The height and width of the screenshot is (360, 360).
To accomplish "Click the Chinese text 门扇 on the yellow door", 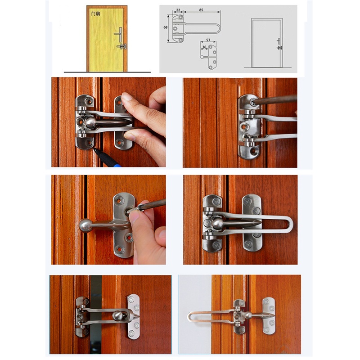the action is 95,14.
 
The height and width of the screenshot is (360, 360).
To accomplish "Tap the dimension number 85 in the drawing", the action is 201,10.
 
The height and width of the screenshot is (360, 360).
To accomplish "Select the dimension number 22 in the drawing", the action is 178,10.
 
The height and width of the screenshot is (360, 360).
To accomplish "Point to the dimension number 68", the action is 165,27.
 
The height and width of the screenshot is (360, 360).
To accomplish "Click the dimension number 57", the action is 208,40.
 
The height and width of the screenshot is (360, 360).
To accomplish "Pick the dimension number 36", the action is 204,47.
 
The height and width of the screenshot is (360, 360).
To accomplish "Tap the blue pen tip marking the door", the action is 94,149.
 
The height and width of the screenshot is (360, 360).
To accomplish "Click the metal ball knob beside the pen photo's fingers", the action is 89,122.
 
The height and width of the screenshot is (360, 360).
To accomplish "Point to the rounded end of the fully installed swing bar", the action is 290,223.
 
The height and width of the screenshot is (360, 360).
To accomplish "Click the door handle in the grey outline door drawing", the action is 279,42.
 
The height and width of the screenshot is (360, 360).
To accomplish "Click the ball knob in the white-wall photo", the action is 248,315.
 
